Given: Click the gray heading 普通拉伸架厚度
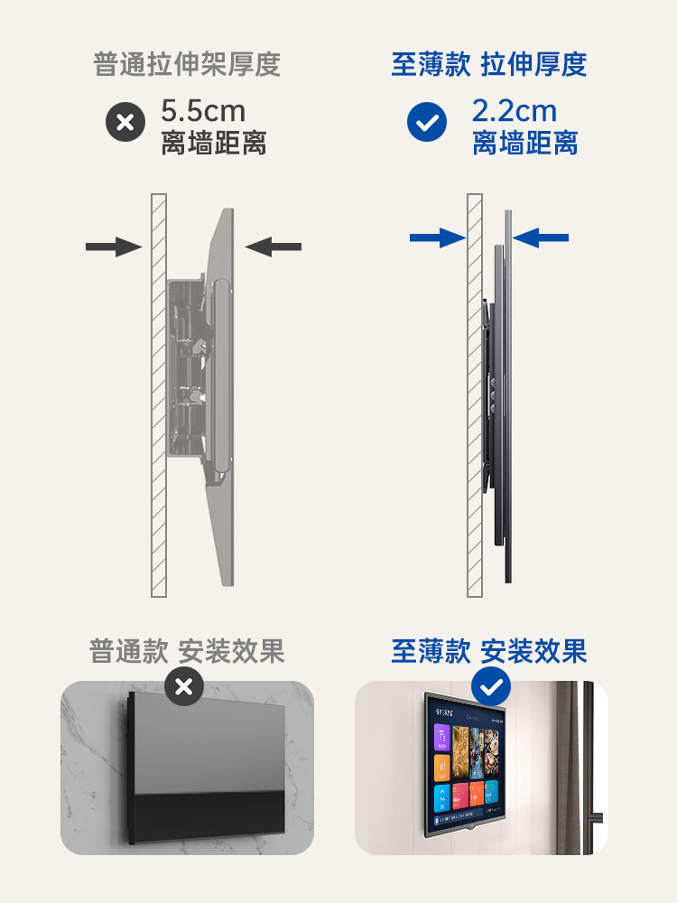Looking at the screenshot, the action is [x=187, y=65].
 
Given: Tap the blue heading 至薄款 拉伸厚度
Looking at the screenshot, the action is [x=488, y=65].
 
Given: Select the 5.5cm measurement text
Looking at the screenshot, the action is [x=203, y=111].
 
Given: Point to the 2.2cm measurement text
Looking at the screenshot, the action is [x=514, y=111].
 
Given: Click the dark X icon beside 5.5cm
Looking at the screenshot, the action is [x=125, y=123].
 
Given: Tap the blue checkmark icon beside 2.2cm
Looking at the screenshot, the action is [x=426, y=123].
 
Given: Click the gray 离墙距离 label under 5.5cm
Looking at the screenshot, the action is [x=214, y=143].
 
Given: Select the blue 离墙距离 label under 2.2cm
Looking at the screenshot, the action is [x=524, y=143].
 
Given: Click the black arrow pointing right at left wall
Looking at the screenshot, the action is [x=114, y=246].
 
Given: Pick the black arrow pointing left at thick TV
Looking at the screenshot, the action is [x=274, y=246].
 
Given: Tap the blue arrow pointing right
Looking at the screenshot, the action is [x=437, y=237].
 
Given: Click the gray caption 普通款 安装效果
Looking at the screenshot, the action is [x=187, y=651].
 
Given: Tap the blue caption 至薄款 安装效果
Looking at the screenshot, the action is [x=488, y=651].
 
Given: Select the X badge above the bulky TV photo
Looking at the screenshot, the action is [x=184, y=687].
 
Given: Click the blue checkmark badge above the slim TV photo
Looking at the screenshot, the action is [x=491, y=687].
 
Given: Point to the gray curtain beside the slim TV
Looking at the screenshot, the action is [x=569, y=768].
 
